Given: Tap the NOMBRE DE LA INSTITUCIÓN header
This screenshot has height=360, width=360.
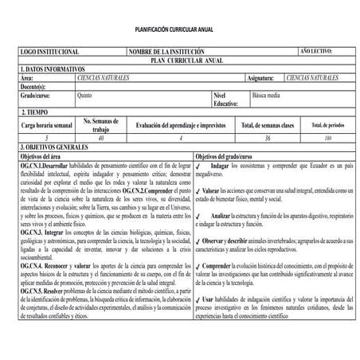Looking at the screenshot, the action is click(x=167, y=52).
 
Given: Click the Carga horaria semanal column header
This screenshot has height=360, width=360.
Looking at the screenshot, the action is click(x=47, y=125).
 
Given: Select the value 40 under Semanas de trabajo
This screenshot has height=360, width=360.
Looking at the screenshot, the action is click(x=100, y=139).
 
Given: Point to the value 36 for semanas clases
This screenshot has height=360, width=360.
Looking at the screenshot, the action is click(x=268, y=139).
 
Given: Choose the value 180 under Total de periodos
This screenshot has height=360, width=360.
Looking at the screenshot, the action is click(x=327, y=139).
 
